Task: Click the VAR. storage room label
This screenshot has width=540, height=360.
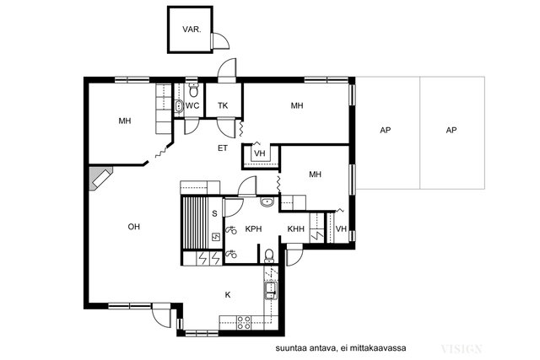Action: click(x=192, y=30)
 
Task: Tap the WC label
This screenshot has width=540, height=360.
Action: click(x=192, y=105)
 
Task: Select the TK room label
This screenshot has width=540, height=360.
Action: click(x=223, y=105)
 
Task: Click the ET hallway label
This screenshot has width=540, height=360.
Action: click(x=223, y=148)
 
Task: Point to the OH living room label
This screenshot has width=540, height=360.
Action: click(x=133, y=227)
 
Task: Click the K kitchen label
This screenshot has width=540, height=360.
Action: click(x=228, y=295)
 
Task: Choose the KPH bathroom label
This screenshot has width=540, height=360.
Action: click(x=253, y=228)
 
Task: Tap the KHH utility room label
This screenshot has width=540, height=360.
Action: click(x=296, y=228)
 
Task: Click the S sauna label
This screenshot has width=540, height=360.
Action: click(x=214, y=214)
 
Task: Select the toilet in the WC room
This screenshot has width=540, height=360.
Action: click(x=194, y=90)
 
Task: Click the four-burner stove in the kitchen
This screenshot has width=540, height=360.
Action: click(x=244, y=323)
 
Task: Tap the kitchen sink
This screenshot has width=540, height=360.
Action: click(x=271, y=291)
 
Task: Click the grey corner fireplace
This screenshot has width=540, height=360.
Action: click(x=100, y=179)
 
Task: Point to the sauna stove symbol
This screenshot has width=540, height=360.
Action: click(x=216, y=236)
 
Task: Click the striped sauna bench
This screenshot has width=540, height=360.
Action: click(x=195, y=223)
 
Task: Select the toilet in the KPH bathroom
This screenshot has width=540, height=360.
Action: click(x=269, y=255)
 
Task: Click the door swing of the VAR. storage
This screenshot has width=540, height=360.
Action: click(x=220, y=41)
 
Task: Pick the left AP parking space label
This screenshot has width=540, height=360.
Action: click(x=386, y=130)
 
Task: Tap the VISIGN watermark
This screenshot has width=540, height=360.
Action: click(x=462, y=349)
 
